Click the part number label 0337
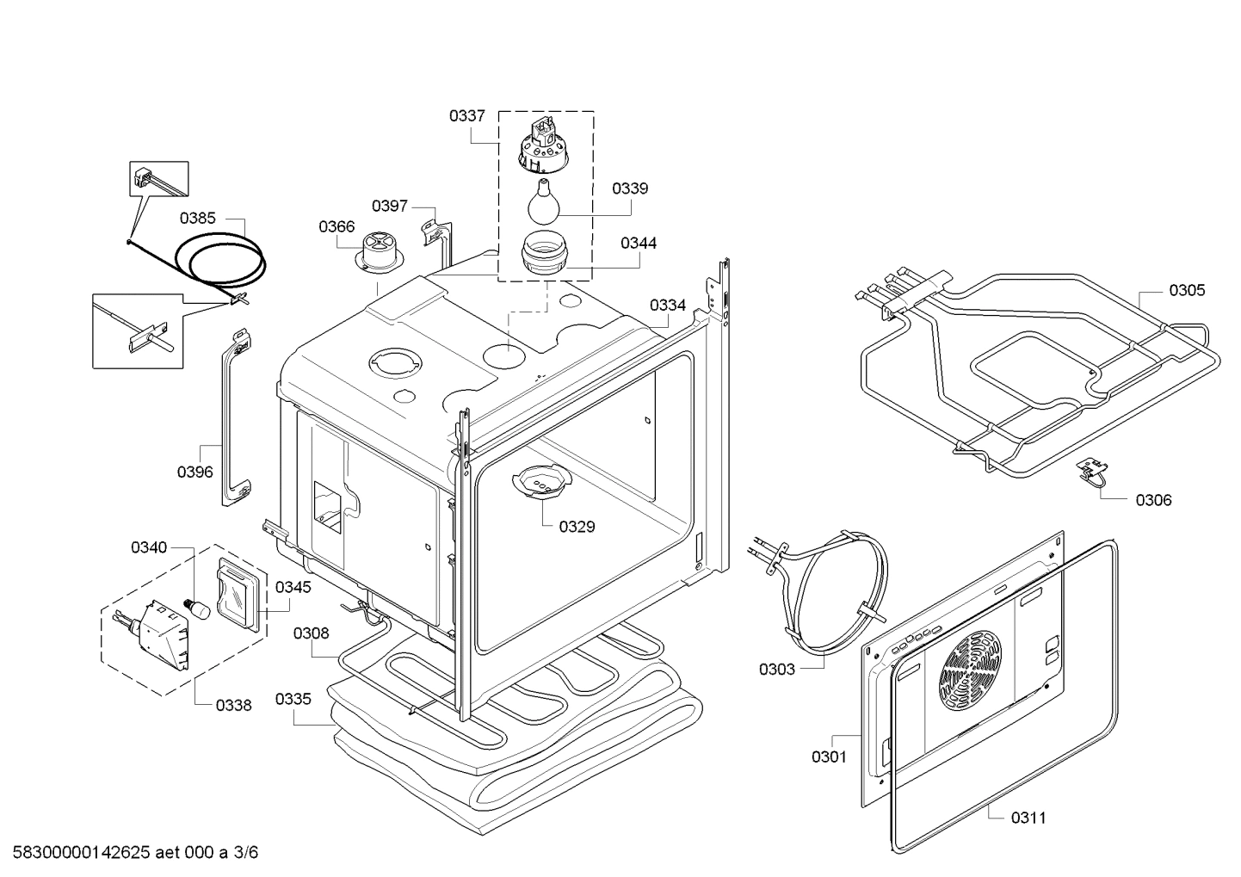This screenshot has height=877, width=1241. (466, 115)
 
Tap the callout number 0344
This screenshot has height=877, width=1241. (639, 244)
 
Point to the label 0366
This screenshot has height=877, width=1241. (336, 226)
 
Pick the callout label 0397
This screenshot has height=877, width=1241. (390, 206)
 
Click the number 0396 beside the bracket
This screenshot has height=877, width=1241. (195, 472)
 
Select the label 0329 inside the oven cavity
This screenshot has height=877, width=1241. (577, 527)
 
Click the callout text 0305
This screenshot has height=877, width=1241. (1187, 290)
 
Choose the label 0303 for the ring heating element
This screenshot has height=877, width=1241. (777, 669)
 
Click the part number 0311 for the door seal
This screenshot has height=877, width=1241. (1028, 818)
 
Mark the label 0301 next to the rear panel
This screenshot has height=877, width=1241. (829, 757)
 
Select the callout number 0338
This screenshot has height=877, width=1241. (233, 706)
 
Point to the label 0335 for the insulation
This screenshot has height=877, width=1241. (293, 699)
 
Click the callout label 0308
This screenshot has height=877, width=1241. (311, 633)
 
